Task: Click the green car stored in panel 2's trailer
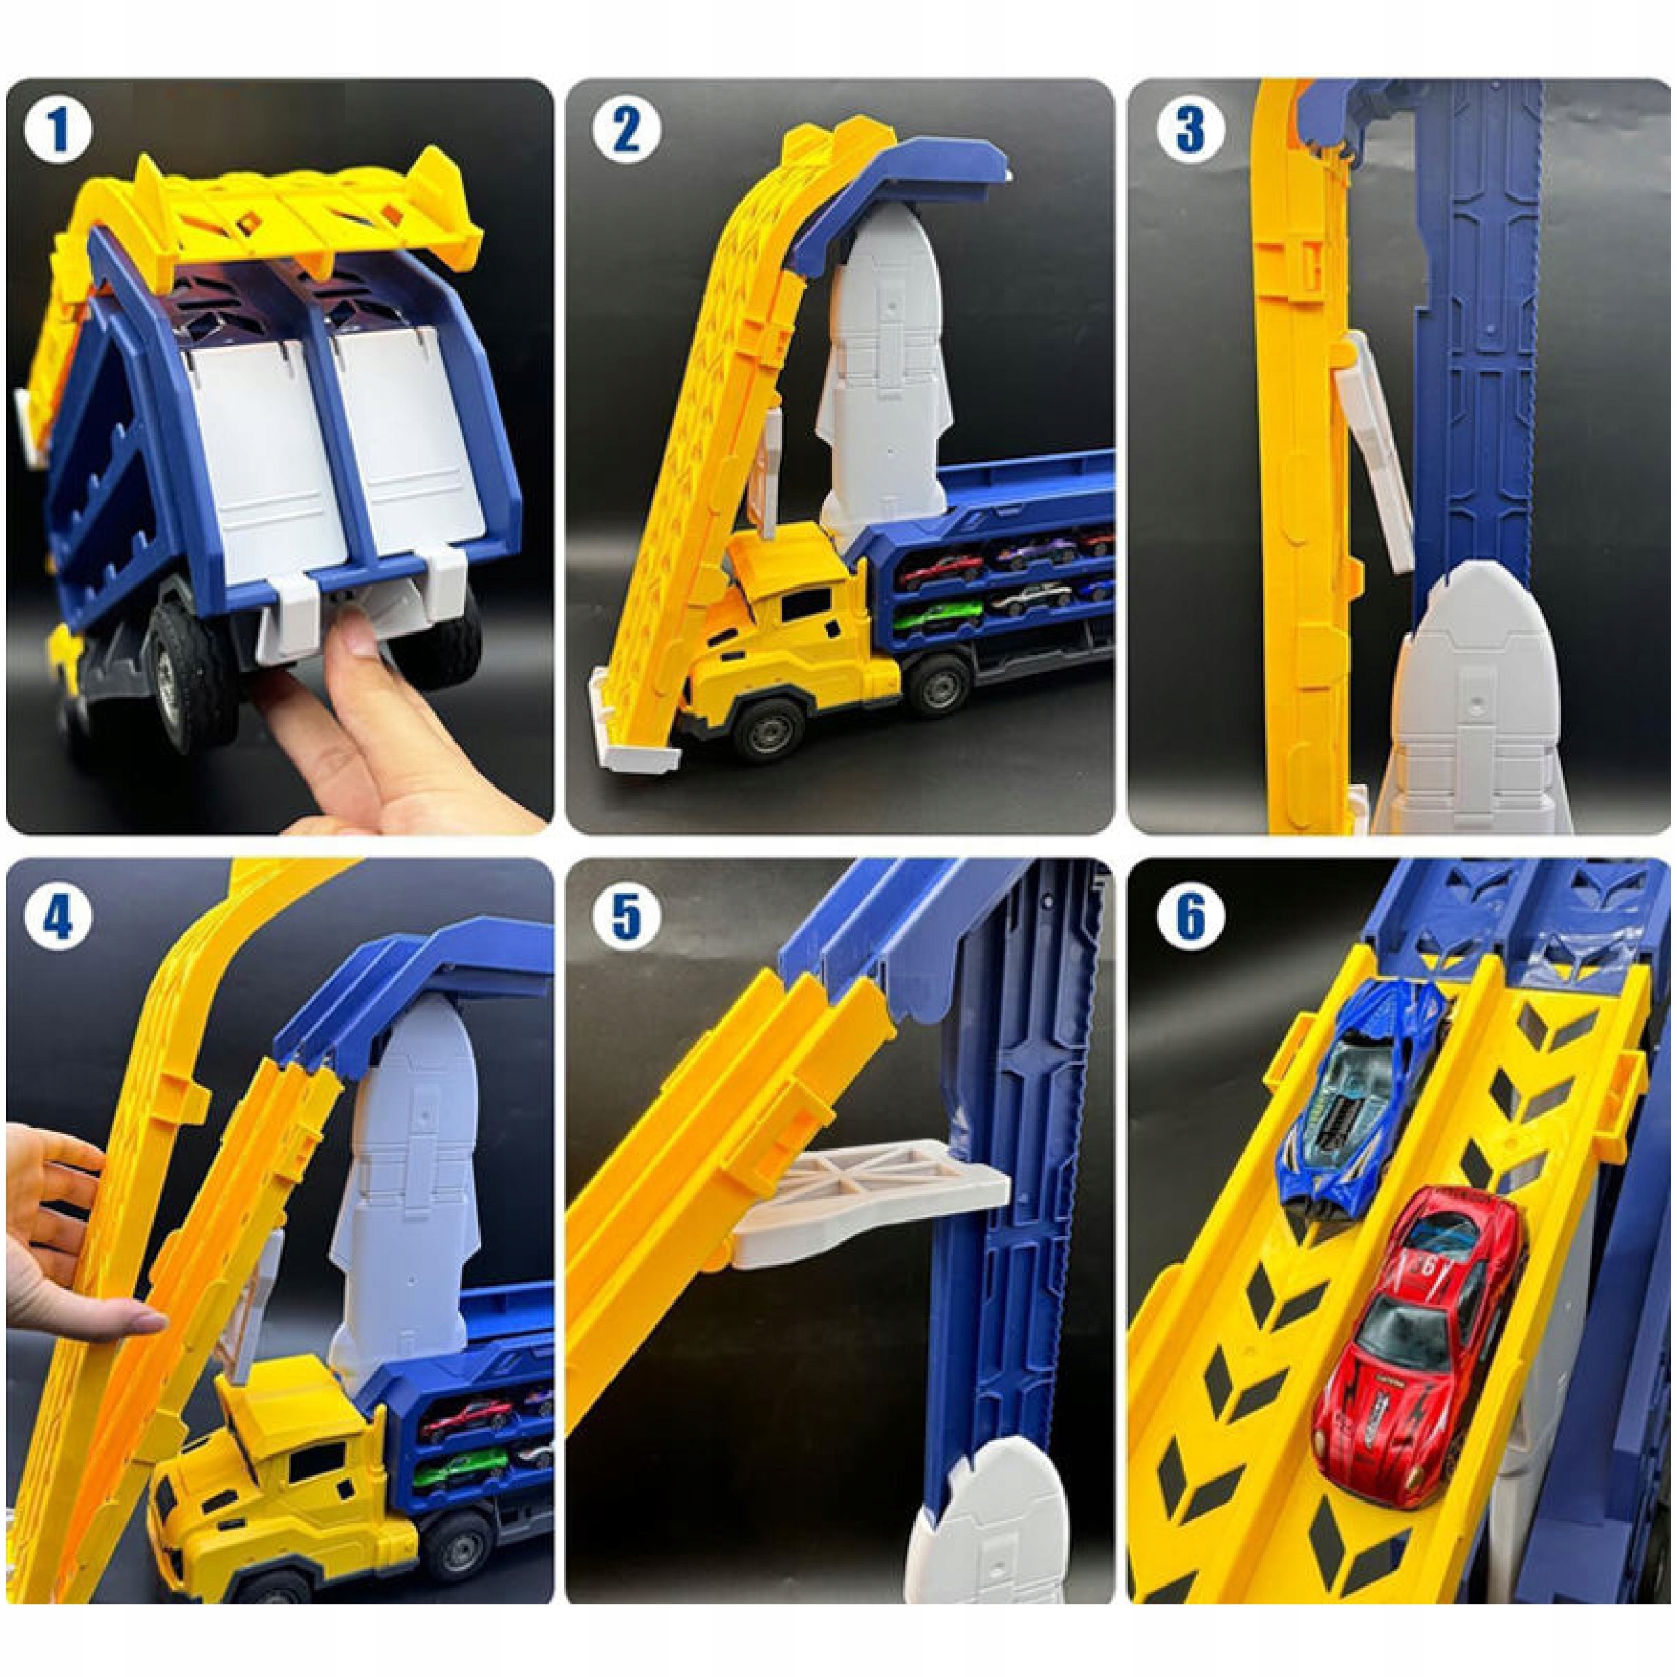tap(937, 618)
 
